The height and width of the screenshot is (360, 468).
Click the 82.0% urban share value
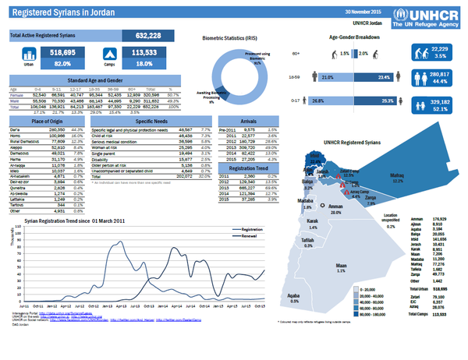62,64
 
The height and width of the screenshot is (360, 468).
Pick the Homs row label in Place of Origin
16,135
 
